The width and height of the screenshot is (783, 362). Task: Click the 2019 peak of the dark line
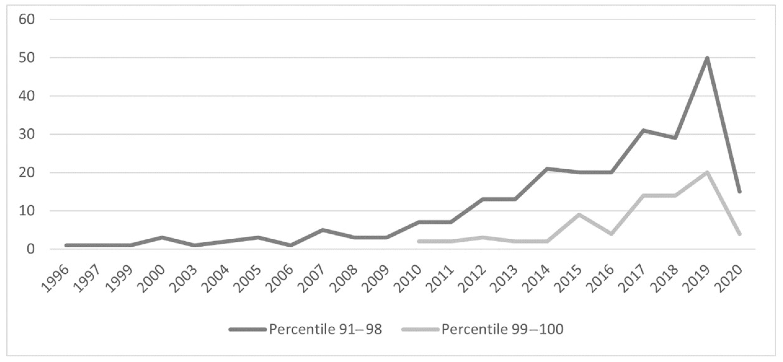707,58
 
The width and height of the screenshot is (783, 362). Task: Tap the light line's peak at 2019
707,173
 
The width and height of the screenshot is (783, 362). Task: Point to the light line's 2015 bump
579,215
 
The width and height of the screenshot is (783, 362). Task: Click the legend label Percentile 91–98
325,329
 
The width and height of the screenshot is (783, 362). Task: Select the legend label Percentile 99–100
502,329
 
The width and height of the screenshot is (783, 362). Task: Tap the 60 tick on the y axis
27,19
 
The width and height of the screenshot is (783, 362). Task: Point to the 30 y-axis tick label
27,134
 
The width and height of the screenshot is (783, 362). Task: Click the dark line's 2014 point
547,169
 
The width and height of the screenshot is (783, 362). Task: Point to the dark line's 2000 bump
162,237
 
